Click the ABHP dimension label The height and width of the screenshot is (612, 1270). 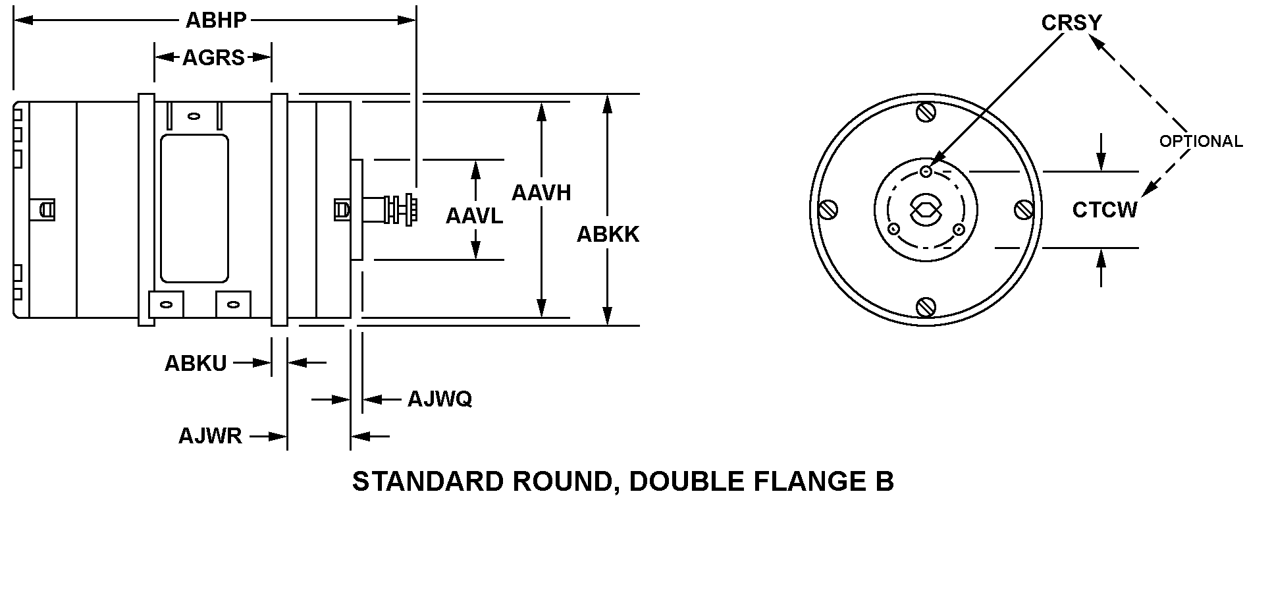(216, 20)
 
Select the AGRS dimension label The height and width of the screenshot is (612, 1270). (213, 58)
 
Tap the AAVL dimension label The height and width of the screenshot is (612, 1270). (474, 215)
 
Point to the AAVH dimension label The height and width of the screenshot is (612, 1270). (541, 193)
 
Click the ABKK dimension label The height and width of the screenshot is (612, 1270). (608, 235)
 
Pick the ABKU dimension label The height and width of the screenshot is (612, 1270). (196, 363)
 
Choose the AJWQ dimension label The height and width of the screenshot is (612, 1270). (440, 399)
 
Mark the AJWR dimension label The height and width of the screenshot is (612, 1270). (210, 436)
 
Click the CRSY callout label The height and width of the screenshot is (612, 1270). (1071, 23)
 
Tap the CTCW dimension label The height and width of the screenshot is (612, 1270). (1105, 210)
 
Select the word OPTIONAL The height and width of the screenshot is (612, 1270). (1201, 142)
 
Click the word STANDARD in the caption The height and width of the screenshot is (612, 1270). (428, 482)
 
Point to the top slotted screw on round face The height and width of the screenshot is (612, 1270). (926, 113)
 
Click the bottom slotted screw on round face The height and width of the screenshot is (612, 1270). (926, 306)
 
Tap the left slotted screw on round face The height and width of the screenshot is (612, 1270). (828, 210)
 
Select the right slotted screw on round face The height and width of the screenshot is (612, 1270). (1023, 210)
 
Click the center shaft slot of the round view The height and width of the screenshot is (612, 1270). (926, 211)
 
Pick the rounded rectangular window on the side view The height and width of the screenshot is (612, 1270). (195, 209)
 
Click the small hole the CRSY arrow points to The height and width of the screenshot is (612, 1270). (926, 172)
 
